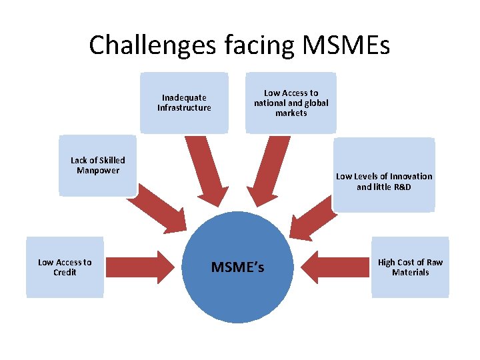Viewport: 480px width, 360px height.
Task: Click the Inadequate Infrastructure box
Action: coord(184,103)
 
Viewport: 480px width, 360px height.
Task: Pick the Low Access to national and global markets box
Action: coord(291,103)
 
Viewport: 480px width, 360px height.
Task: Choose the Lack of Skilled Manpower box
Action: coord(97,165)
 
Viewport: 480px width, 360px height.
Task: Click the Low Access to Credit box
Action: coord(65,267)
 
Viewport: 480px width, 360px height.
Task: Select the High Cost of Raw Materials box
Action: coord(410,267)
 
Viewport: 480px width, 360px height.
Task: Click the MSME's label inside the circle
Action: coord(237,267)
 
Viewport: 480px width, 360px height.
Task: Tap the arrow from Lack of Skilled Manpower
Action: coord(160,207)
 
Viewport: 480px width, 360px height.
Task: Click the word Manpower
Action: coord(97,171)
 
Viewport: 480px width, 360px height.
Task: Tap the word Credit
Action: coord(65,273)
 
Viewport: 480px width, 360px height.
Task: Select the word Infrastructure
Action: coord(184,108)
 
